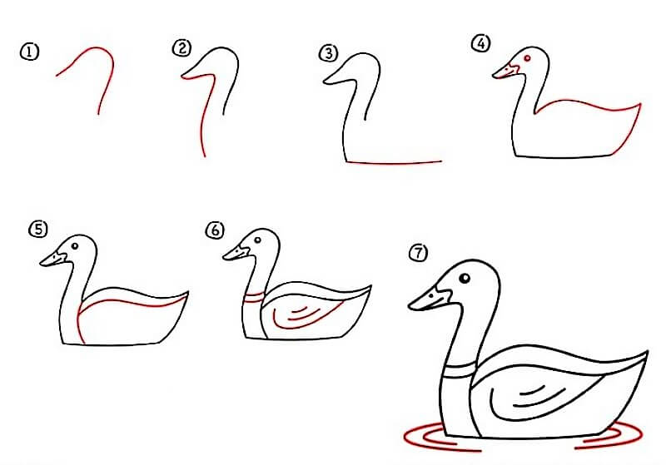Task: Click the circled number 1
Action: [x=29, y=52]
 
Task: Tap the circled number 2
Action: [x=181, y=48]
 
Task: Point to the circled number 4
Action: [x=481, y=43]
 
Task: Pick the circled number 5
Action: [x=38, y=230]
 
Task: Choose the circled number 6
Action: [x=215, y=230]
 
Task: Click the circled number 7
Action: [x=419, y=253]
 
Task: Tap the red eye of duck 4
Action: [x=528, y=58]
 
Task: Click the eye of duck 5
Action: [x=75, y=245]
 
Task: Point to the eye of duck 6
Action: [x=258, y=240]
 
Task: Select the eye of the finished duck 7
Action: [x=465, y=279]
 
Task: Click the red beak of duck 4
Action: [x=505, y=72]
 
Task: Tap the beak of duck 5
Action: [x=53, y=259]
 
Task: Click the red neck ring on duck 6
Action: [x=254, y=297]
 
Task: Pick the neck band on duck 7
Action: [x=459, y=369]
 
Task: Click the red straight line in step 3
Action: [x=394, y=162]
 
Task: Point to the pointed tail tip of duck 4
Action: [x=639, y=104]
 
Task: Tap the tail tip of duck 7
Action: [x=648, y=352]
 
